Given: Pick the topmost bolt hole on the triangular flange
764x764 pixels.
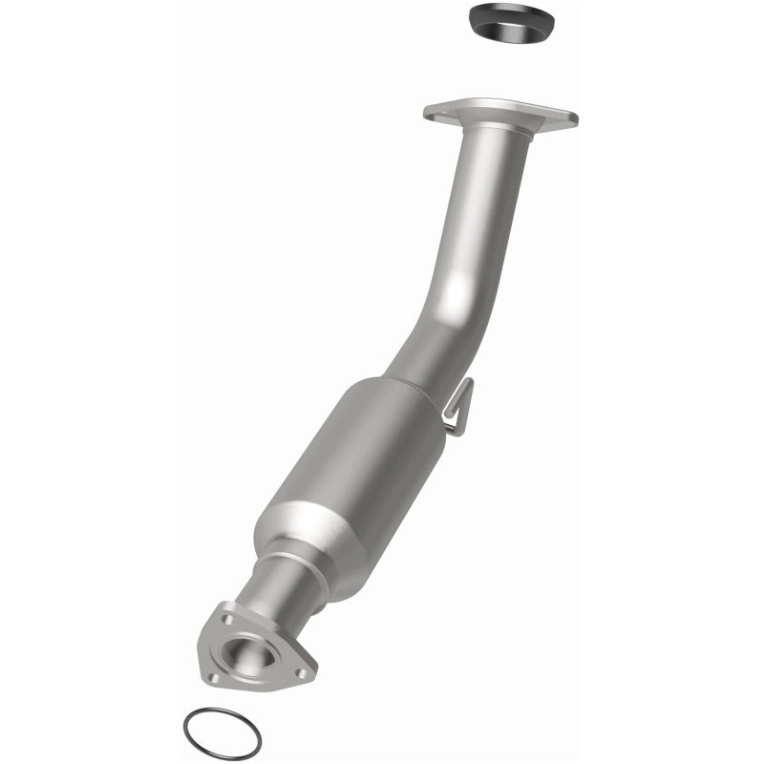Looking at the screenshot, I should pyautogui.click(x=227, y=619).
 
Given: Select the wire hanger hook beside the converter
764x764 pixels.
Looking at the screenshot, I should pyautogui.click(x=459, y=407).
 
